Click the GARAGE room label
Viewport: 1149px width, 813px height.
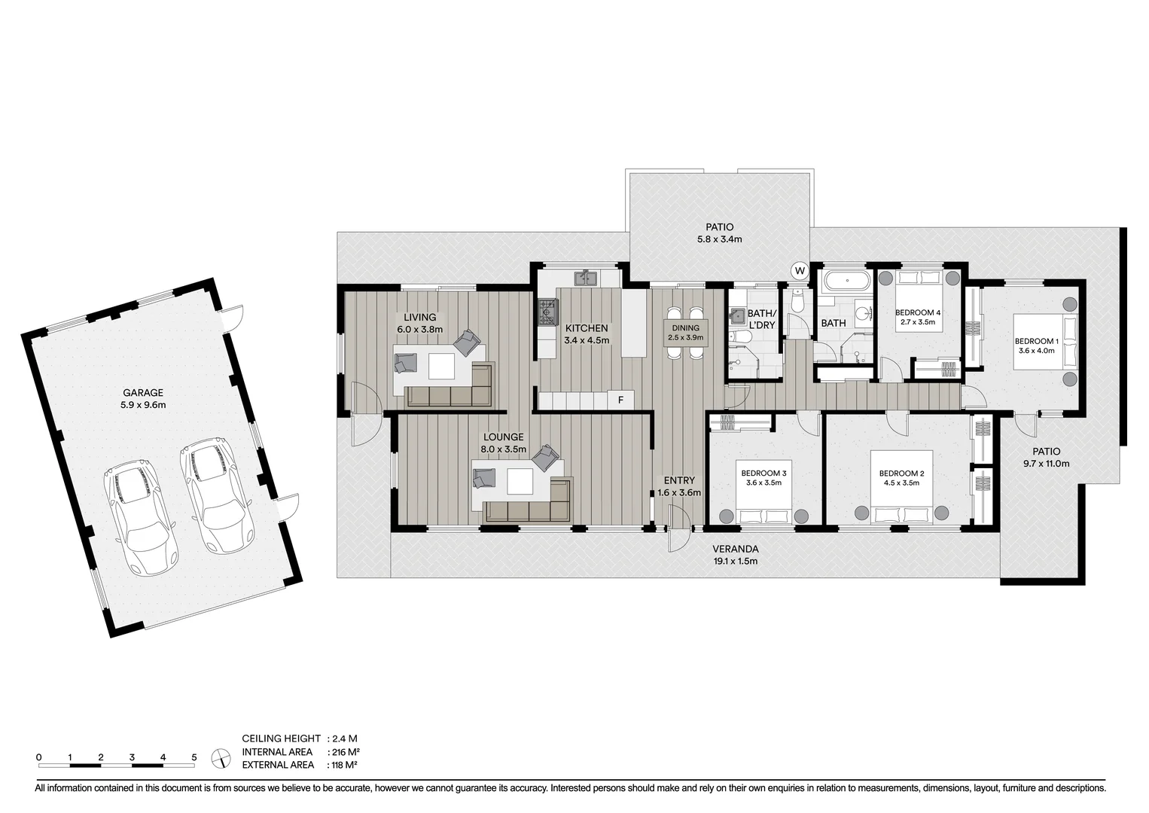tap(143, 392)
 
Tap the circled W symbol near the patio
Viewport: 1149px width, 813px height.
tap(799, 271)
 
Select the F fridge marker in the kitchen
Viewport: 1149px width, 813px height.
tap(620, 400)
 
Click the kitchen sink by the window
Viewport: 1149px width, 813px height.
tap(585, 279)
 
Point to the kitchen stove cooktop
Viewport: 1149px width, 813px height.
tap(547, 312)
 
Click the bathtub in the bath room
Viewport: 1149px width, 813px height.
tap(846, 283)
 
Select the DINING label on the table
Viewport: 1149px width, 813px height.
tap(685, 327)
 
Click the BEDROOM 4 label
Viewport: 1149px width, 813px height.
tap(917, 312)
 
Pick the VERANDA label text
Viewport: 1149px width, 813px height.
tap(735, 549)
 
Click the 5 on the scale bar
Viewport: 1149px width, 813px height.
tap(194, 757)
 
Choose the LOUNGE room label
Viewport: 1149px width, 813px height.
tap(503, 437)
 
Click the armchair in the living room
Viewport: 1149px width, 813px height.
tap(467, 343)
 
